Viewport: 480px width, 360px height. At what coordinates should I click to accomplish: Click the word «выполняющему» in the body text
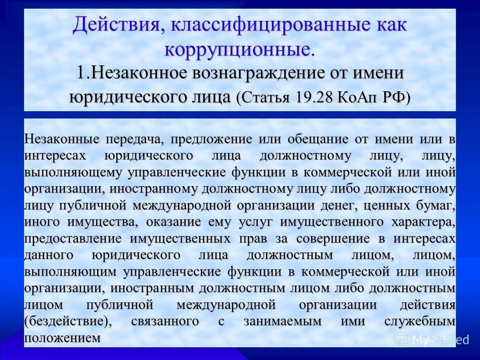tap(73, 173)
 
